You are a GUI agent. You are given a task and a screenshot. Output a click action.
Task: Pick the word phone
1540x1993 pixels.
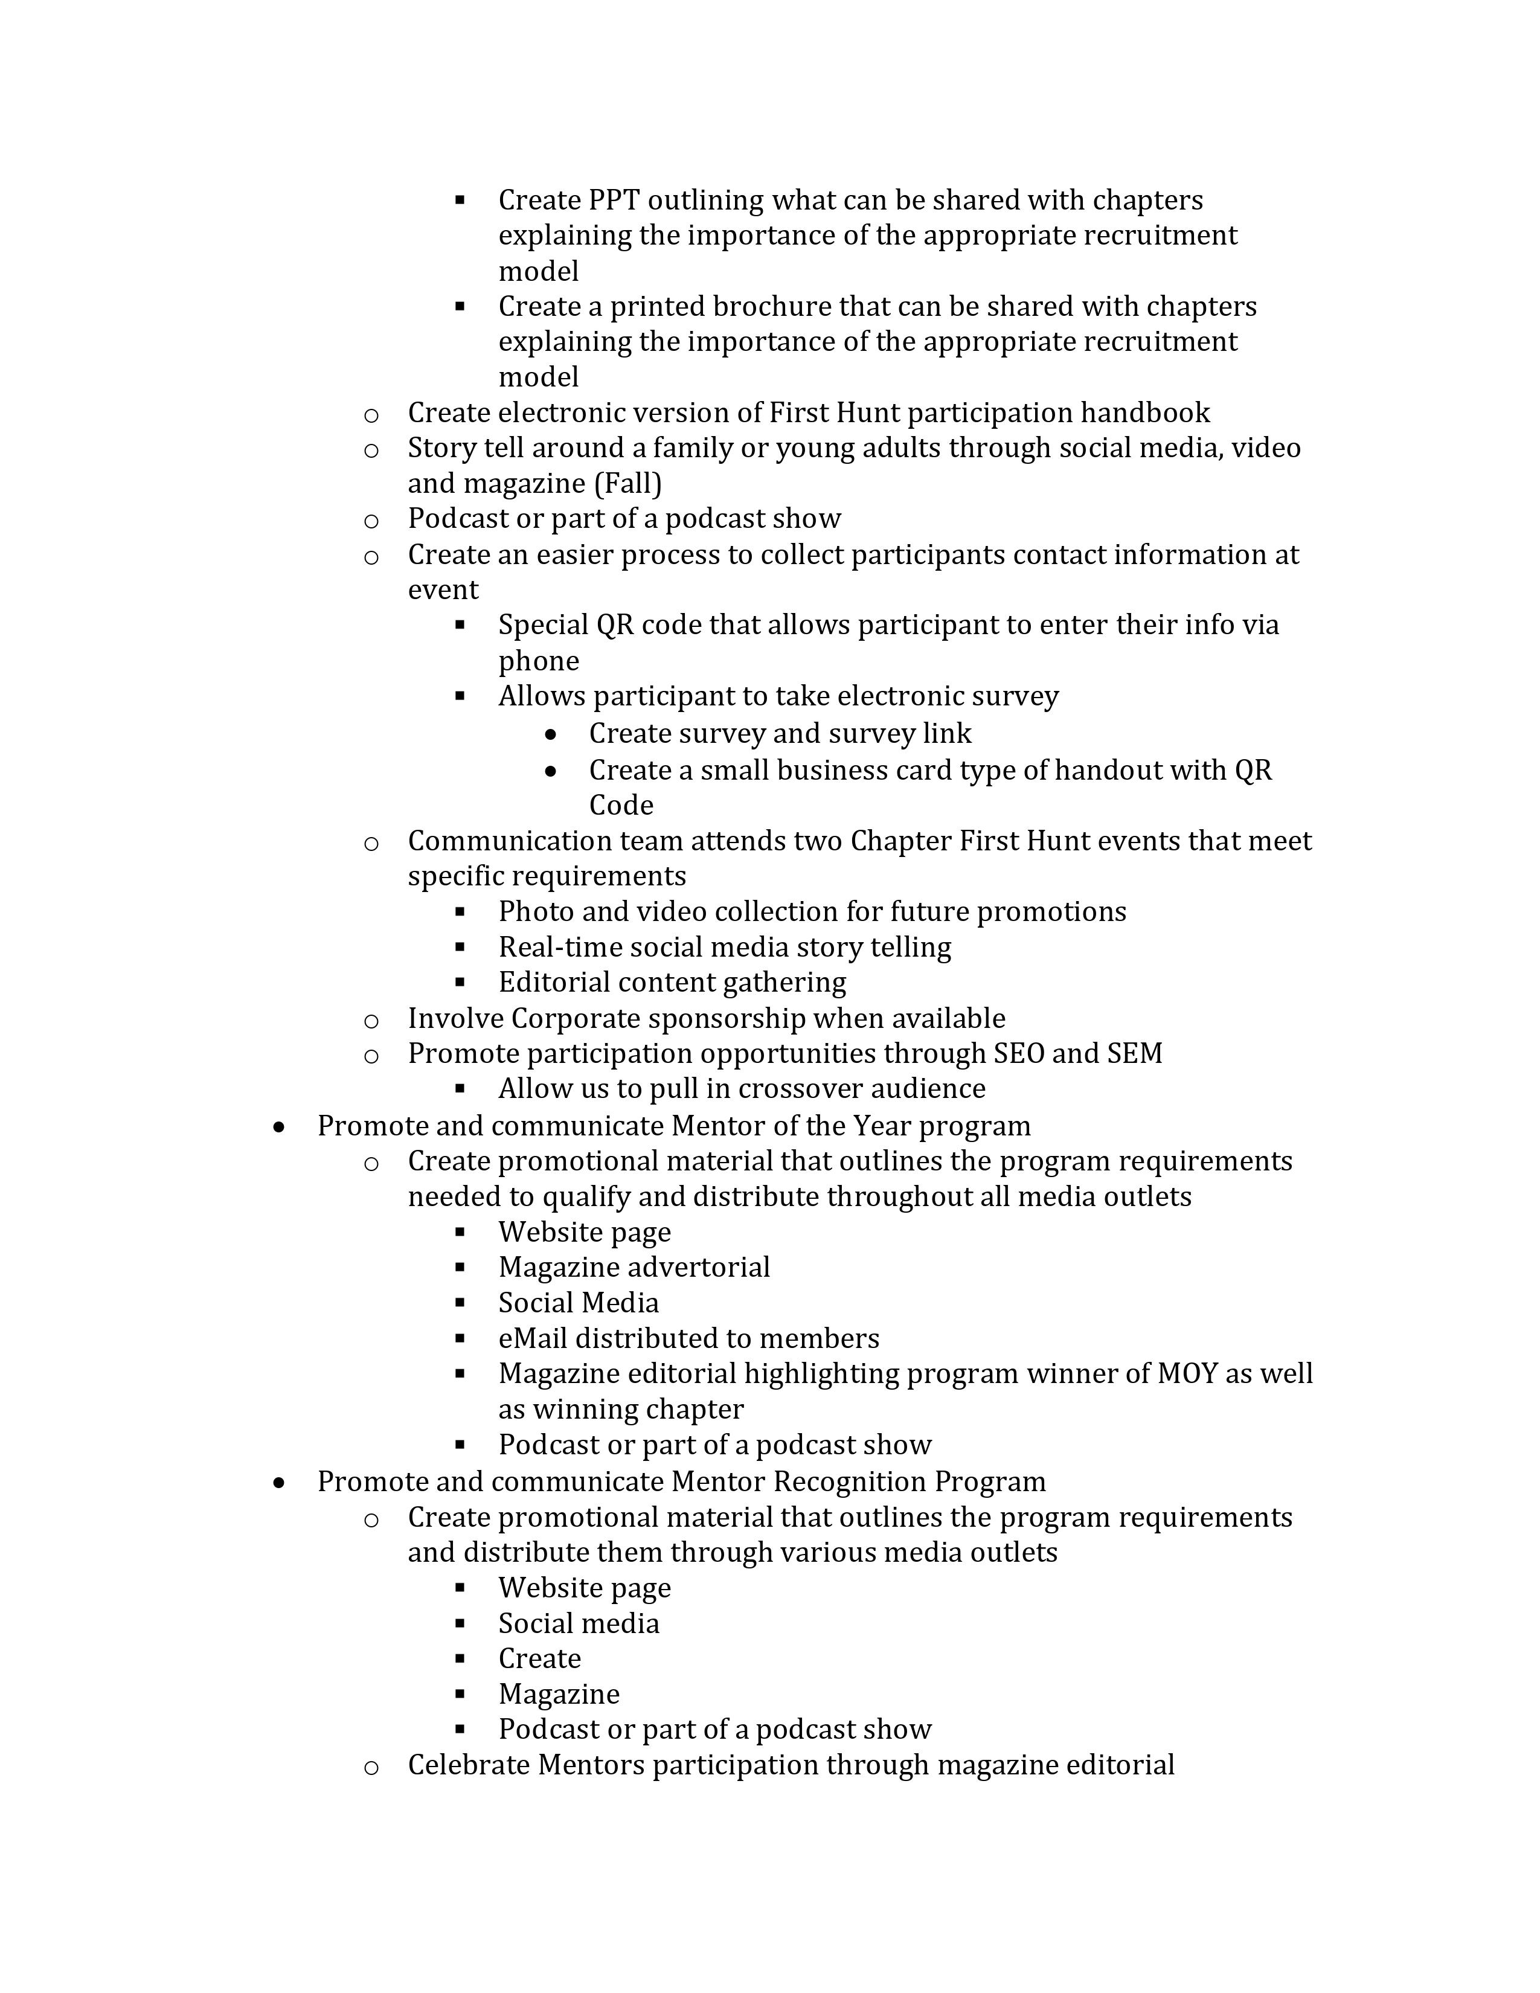click(538, 661)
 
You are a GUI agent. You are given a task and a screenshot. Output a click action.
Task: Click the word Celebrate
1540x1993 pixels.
click(468, 1766)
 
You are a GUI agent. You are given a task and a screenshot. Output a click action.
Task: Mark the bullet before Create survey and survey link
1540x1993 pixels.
click(550, 734)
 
